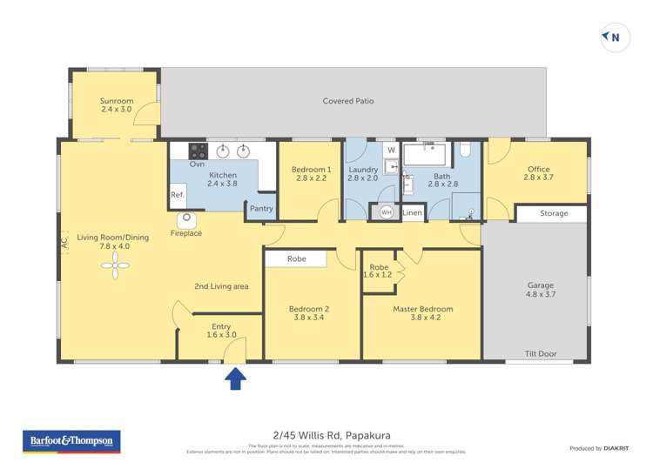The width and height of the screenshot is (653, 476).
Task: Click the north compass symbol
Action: click(615, 37)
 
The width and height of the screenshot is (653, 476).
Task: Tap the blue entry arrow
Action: click(235, 379)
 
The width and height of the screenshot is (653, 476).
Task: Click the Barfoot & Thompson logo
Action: click(71, 443)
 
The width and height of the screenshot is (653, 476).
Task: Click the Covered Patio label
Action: click(348, 101)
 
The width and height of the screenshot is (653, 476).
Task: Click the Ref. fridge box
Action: click(178, 195)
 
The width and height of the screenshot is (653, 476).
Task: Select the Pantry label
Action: click(261, 209)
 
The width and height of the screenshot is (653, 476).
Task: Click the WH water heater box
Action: click(386, 212)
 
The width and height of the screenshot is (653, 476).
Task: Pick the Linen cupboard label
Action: click(412, 212)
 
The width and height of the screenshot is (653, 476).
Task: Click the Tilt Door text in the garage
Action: click(541, 354)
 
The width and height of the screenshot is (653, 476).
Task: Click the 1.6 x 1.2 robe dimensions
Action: click(379, 274)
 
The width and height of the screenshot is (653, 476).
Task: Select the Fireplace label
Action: click(186, 233)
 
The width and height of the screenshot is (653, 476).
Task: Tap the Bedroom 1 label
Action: click(311, 169)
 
